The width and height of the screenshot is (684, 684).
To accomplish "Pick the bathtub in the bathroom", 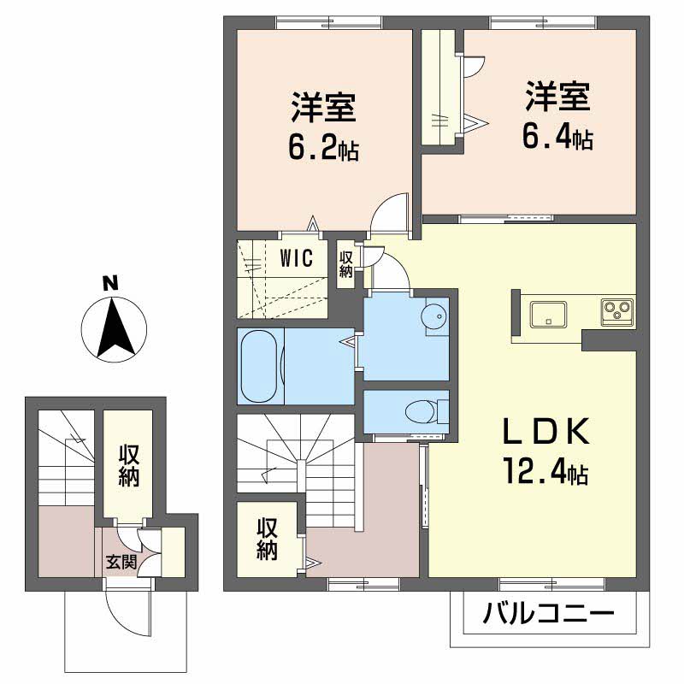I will point(258,365).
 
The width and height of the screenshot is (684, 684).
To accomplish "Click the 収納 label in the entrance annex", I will point(128,467).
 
